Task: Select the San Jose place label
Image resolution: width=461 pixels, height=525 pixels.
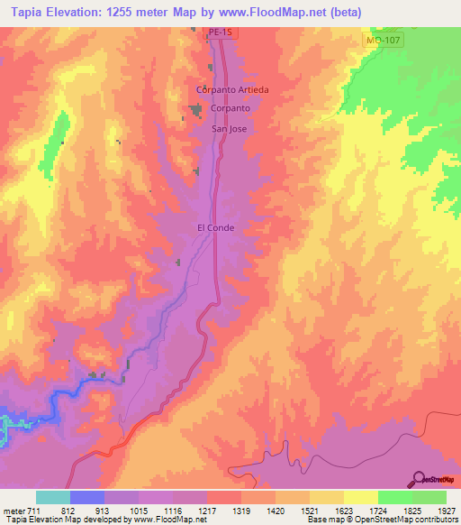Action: pos(229,128)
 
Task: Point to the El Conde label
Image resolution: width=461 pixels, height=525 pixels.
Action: pos(215,228)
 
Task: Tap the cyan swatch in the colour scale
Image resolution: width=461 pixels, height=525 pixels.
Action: pos(53,497)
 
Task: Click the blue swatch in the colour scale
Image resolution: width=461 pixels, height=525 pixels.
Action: pos(87,497)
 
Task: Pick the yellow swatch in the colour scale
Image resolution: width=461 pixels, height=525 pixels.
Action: pos(360,497)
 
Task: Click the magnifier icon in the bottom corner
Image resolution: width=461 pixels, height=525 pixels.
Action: pos(419,479)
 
